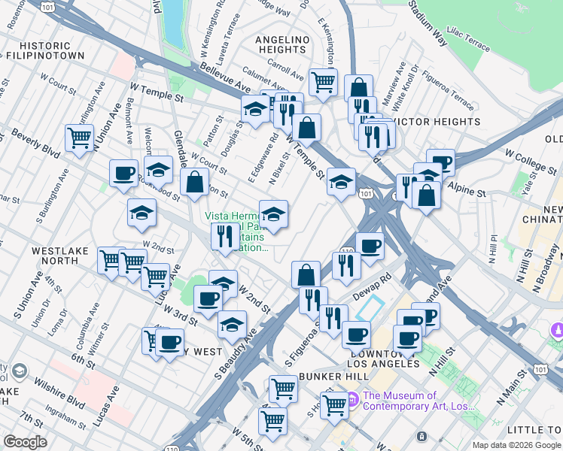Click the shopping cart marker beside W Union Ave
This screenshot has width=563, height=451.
79,138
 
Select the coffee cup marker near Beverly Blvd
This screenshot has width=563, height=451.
123,173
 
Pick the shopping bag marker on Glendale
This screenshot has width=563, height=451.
195,182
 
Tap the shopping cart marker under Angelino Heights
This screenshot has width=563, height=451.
323,81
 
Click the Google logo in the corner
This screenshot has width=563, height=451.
25,442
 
